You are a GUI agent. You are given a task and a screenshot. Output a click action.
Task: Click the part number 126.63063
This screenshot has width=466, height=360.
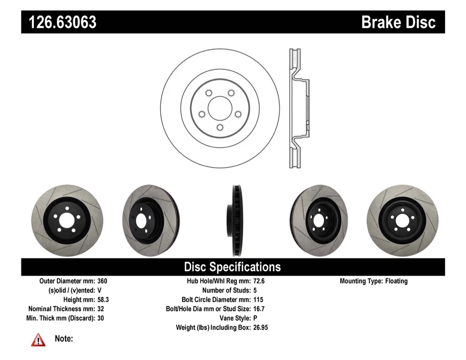coord(63,22)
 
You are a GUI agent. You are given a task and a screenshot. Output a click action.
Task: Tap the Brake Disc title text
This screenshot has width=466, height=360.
coord(398,22)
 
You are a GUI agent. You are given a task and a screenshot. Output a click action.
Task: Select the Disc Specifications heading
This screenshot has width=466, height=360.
coord(232,267)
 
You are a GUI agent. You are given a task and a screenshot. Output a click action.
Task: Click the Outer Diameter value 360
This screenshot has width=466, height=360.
coord(102,281)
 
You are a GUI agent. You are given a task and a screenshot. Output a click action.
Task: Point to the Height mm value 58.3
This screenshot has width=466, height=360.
coord(103,300)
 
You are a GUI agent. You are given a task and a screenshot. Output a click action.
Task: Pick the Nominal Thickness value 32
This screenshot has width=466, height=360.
coord(100,309)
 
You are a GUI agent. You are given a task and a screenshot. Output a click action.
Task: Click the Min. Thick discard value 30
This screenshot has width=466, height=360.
coord(100,318)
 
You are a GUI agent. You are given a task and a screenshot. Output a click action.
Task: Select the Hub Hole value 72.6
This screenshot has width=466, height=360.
coord(259,281)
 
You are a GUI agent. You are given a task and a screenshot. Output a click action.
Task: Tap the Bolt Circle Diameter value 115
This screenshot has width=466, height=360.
coord(258,300)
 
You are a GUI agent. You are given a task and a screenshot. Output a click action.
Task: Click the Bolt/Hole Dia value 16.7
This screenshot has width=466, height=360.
coord(259,309)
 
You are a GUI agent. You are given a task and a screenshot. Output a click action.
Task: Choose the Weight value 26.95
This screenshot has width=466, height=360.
coord(261,327)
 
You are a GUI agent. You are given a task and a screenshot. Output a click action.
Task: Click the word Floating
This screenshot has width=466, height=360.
coord(397,281)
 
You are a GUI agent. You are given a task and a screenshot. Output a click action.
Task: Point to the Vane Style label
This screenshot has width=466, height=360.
coord(233,318)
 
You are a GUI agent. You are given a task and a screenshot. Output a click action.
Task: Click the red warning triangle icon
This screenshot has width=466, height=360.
coord(38,340)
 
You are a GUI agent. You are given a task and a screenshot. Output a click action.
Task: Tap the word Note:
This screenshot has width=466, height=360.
coord(64,339)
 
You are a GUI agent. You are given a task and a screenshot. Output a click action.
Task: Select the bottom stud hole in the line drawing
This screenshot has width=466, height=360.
coord(220,128)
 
